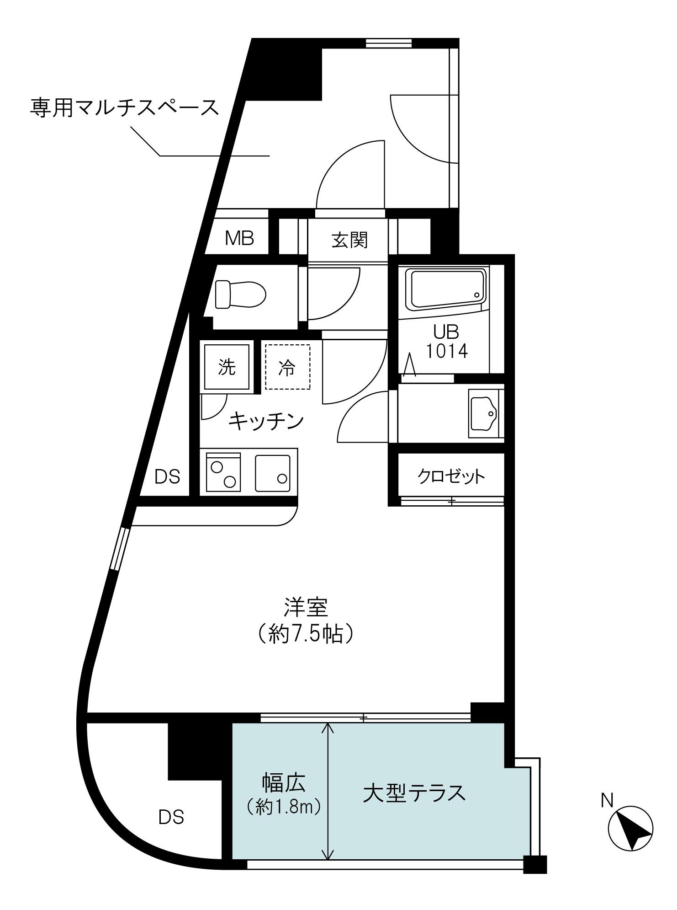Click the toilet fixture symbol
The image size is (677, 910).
point(240,294)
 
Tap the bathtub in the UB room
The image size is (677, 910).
point(448,288)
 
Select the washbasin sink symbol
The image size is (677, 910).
point(483,413)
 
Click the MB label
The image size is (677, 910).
point(239,238)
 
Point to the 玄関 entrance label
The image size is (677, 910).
point(349,240)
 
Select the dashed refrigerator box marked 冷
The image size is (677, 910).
point(287,367)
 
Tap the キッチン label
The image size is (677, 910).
point(266,421)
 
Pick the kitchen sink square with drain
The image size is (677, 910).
point(272,473)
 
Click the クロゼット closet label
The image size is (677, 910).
point(450,476)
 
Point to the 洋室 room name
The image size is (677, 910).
point(306,608)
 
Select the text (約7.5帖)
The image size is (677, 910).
point(306,634)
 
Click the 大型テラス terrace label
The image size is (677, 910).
point(414,793)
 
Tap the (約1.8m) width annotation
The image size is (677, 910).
point(283,808)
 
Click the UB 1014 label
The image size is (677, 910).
point(446,342)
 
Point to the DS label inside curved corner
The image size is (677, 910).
point(171,817)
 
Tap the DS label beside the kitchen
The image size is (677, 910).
point(167,477)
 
